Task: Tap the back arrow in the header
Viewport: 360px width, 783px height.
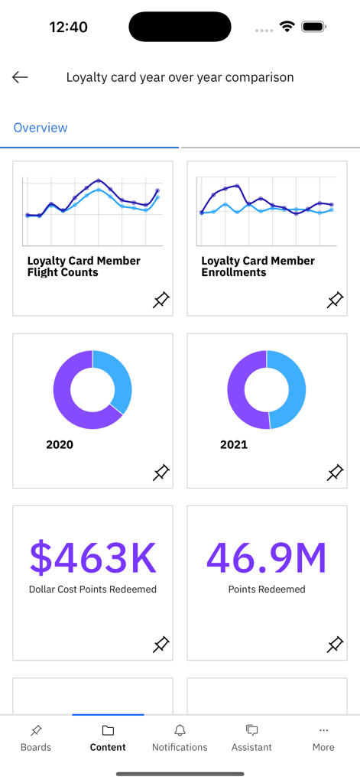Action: point(20,77)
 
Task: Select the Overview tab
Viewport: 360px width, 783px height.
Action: point(41,128)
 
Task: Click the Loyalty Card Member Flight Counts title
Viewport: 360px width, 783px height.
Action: point(83,266)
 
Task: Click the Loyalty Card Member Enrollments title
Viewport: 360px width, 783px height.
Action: point(258,266)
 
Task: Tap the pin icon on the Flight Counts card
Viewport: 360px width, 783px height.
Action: point(161,301)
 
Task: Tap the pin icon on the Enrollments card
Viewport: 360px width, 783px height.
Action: point(335,301)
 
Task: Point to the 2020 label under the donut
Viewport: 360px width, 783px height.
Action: point(60,444)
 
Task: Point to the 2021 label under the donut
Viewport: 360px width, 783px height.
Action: point(234,444)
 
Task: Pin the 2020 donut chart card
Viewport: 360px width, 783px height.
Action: point(161,473)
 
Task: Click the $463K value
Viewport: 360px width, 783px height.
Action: point(92,557)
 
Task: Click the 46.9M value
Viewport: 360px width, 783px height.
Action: point(267,557)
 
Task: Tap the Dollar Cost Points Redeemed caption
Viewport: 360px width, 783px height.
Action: point(92,590)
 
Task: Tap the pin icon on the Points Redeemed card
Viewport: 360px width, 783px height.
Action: point(335,645)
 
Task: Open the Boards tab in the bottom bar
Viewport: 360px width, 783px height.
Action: point(36,738)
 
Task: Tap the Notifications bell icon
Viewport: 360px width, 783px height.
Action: point(180,731)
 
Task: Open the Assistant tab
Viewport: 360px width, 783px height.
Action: point(251,738)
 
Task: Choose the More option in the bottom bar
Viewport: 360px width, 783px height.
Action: point(323,738)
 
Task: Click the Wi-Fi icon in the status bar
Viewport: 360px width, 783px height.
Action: point(287,27)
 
